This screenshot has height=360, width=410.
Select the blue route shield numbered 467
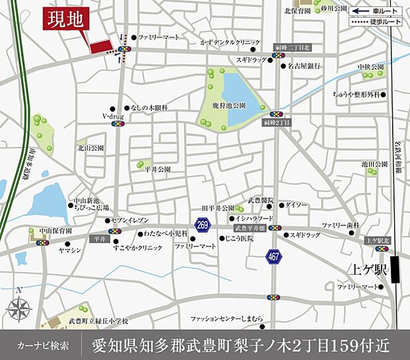coord(274,256)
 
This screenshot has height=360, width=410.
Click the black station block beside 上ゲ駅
coord(395,270)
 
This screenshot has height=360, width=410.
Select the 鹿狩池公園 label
coord(229,105)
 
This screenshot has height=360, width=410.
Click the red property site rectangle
coord(101,46)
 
